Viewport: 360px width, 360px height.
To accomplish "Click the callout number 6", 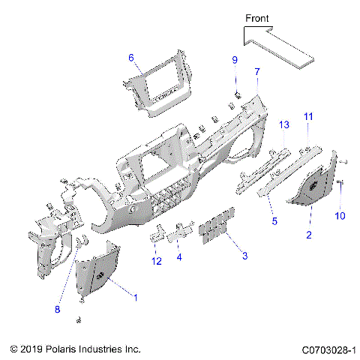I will (x=130, y=58).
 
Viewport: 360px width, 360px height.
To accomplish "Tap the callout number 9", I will (x=233, y=59).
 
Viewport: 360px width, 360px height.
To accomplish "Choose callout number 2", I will (x=308, y=235).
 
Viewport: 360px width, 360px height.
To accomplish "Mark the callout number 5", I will (x=274, y=221).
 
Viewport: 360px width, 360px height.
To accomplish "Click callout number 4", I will (x=179, y=257).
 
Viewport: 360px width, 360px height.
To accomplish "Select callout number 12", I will (x=156, y=261).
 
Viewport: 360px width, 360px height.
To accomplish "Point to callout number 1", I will (x=135, y=297).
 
